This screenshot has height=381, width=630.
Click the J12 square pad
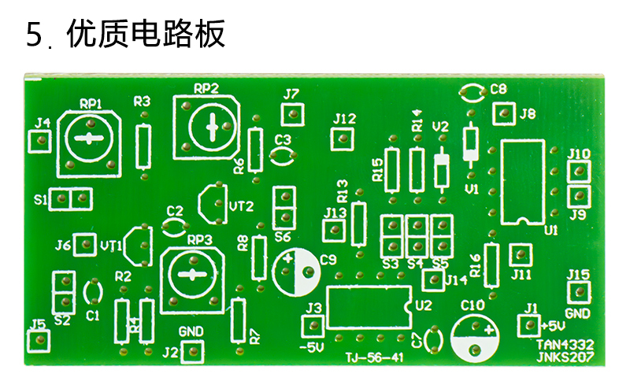pos(341,139)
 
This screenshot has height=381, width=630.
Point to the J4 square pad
pos(39,142)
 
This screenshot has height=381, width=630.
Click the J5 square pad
pos(38,340)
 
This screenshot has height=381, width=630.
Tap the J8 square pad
pos(502,114)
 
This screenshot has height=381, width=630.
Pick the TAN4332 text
pos(565,344)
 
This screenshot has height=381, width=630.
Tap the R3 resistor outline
pos(143,146)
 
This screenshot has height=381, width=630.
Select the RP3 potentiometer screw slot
pos(190,274)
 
